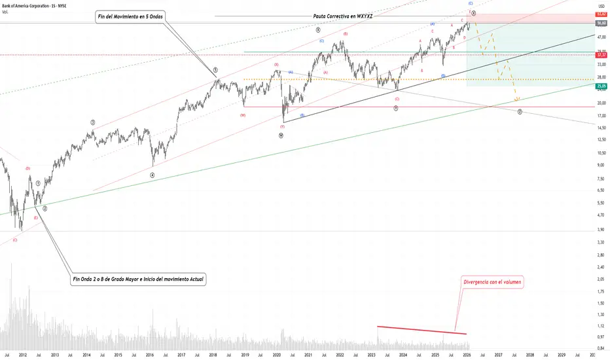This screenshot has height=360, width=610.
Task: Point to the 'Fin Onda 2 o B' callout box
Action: click(x=138, y=279)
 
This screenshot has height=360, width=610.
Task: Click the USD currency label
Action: click(x=600, y=6)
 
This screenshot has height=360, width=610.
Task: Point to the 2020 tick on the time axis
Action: click(x=276, y=355)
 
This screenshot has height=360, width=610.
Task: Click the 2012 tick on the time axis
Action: click(x=23, y=355)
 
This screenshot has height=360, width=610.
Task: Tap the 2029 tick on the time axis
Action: click(x=562, y=355)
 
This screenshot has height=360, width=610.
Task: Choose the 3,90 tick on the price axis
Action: click(x=600, y=229)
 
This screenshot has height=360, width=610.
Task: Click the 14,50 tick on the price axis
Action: click(x=600, y=127)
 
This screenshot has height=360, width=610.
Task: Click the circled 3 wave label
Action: click(x=93, y=122)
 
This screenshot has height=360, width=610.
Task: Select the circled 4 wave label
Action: click(x=152, y=175)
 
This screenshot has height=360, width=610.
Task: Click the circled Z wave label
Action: click(x=519, y=112)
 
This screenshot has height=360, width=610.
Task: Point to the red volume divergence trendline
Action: click(x=422, y=330)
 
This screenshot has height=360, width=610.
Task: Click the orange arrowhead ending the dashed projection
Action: click(x=517, y=99)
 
